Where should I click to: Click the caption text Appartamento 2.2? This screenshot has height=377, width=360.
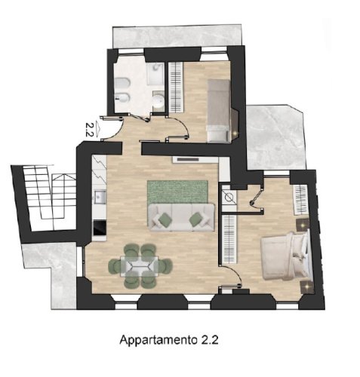[169, 340]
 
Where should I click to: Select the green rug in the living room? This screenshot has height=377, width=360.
[177, 192]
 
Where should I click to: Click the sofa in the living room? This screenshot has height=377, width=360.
[181, 217]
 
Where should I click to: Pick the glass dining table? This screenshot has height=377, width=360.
[140, 266]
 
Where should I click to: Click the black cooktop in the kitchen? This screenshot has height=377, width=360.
[100, 228]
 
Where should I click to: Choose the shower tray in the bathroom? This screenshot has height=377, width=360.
[155, 74]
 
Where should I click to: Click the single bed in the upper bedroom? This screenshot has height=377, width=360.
[218, 111]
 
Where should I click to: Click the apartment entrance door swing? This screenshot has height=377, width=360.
[112, 129]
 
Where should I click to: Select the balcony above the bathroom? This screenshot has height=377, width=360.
[177, 36]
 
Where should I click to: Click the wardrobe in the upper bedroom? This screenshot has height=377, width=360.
[175, 87]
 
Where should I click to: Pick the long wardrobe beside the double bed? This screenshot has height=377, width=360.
[229, 239]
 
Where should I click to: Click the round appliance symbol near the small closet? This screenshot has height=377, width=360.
[229, 197]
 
